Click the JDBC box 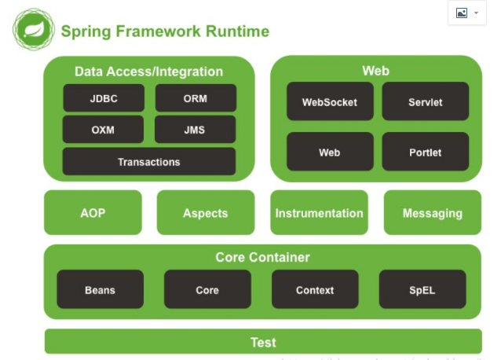point(103,98)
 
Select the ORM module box point(196,98)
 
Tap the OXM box point(103,130)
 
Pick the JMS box point(196,130)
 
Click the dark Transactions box point(149,162)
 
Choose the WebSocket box point(330,102)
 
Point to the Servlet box point(425,102)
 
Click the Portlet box point(425,152)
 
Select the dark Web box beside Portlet point(330,152)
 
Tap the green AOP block point(93,212)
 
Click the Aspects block point(206,212)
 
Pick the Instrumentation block point(319,212)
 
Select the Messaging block point(432,212)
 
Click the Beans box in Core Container point(101,289)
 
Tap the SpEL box point(422,289)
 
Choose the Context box point(315,289)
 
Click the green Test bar point(263,342)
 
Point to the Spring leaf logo point(33,31)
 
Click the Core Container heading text point(262,257)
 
